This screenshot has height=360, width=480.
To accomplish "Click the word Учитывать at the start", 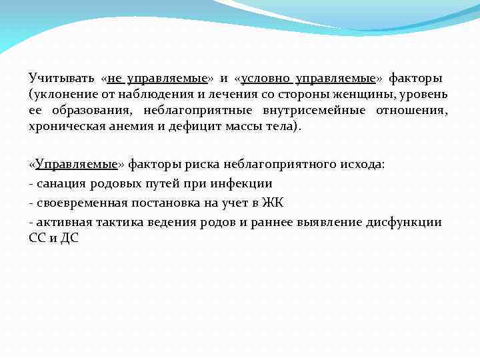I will click(58, 79).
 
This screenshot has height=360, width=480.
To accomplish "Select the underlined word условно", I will click(263, 79).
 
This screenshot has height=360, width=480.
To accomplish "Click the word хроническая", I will click(67, 127).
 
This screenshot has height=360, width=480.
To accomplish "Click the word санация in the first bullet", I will click(60, 183).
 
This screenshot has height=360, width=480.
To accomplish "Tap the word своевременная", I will click(82, 203).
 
